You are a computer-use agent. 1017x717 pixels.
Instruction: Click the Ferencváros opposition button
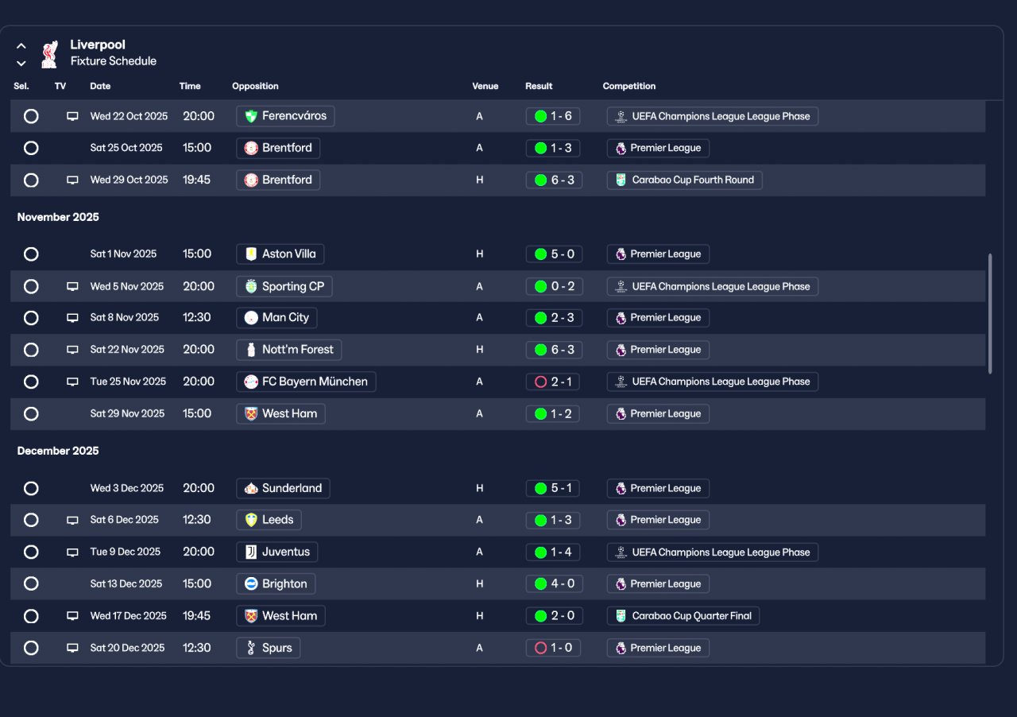click(285, 116)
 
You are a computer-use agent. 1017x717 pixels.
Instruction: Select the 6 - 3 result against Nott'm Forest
click(554, 350)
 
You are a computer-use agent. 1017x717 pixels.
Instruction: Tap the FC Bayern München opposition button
click(306, 382)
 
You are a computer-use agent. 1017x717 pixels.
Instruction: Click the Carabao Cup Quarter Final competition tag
click(683, 616)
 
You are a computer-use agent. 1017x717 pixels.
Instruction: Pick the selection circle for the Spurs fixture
click(31, 648)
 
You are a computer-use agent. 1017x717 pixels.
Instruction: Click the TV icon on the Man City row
click(72, 318)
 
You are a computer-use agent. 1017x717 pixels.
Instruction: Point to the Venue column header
click(485, 86)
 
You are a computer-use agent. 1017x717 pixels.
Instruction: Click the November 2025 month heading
click(58, 217)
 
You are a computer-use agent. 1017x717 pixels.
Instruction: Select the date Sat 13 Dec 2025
click(126, 584)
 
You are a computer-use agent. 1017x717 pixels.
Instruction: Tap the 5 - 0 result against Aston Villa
click(554, 254)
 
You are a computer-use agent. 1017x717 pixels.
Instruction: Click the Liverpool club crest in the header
click(50, 53)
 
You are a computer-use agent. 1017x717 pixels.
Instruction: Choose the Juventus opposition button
click(277, 552)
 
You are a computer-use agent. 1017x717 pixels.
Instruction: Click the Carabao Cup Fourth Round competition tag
click(685, 180)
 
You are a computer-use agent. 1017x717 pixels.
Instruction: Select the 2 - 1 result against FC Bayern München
click(554, 382)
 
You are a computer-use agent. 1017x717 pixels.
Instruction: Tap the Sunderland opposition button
click(283, 488)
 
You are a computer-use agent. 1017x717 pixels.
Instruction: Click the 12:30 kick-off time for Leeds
click(198, 520)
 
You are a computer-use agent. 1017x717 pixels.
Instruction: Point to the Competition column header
click(629, 86)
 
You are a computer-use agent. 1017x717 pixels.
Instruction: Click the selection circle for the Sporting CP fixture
click(31, 286)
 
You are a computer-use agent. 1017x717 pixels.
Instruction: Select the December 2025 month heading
click(58, 451)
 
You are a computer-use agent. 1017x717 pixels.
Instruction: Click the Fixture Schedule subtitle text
click(113, 61)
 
